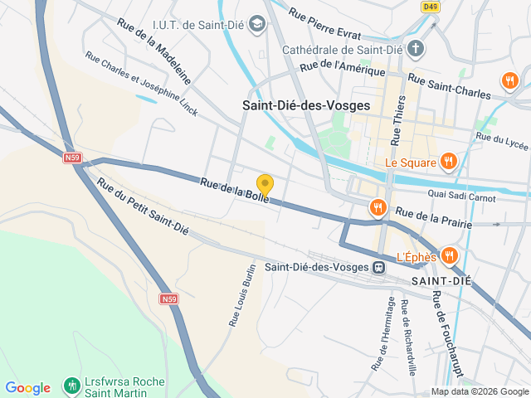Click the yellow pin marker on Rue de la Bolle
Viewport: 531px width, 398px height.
point(265,185)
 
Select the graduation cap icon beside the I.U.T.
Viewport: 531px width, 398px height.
point(257,22)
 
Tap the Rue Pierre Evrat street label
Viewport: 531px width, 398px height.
point(324,24)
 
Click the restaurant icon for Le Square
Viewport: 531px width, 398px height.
point(449,161)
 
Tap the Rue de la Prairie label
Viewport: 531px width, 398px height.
point(433,217)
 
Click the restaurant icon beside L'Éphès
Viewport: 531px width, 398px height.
point(449,255)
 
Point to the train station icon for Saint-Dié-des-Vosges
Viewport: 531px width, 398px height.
point(378,267)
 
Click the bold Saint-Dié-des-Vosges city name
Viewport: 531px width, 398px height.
point(306,105)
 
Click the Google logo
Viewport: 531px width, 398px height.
point(28,387)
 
